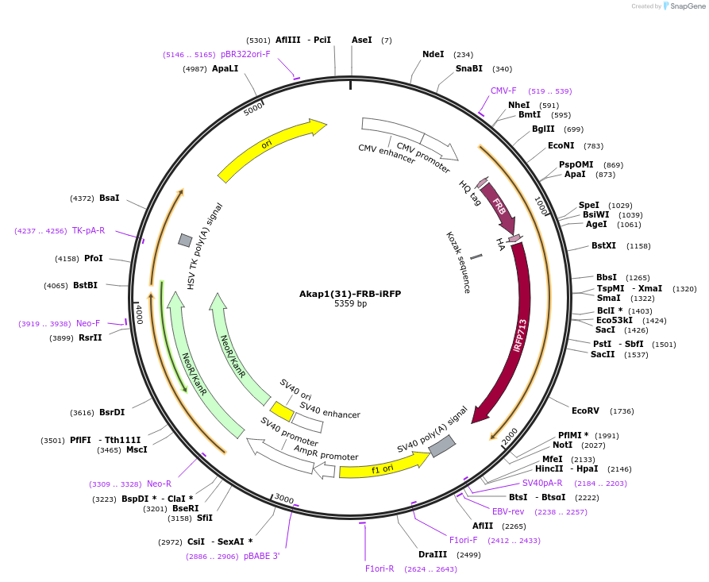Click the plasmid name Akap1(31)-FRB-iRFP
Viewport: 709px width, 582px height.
[x=350, y=294]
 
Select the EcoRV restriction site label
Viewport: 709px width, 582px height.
[x=585, y=410]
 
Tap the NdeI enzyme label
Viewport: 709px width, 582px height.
[x=433, y=54]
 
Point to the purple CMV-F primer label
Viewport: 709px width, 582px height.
[x=503, y=91]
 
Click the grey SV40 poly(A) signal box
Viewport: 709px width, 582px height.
[x=441, y=446]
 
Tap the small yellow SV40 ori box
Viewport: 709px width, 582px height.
[x=281, y=410]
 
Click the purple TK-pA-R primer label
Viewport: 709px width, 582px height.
[x=88, y=230]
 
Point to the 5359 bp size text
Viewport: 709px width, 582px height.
[x=350, y=304]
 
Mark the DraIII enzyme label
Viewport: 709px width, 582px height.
[x=432, y=554]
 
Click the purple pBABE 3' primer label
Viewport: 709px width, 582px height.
[x=261, y=557]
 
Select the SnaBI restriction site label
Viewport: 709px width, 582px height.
[x=468, y=69]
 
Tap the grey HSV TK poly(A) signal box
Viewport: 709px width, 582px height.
[x=185, y=240]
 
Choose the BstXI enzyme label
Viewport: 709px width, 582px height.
[x=603, y=246]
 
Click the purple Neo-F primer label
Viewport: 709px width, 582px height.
[x=88, y=323]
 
